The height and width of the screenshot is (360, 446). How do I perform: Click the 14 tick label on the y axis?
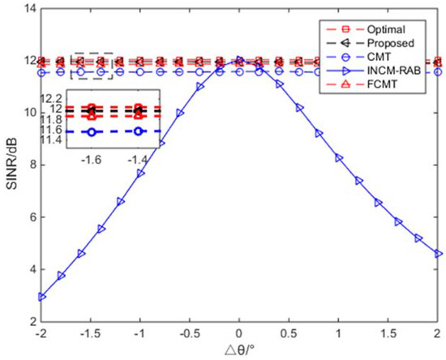pyautogui.click(x=26, y=9)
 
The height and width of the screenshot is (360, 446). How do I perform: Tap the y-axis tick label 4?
pyautogui.click(x=29, y=270)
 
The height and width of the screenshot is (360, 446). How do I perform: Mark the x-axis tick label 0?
pyautogui.click(x=238, y=334)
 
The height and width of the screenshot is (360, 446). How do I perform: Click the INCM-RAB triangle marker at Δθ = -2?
pyautogui.click(x=41, y=296)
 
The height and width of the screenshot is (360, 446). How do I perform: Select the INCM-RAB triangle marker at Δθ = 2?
pyautogui.click(x=439, y=254)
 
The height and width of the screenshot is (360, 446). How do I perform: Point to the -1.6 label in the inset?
pyautogui.click(x=88, y=160)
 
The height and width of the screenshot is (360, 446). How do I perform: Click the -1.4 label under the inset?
pyautogui.click(x=139, y=160)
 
